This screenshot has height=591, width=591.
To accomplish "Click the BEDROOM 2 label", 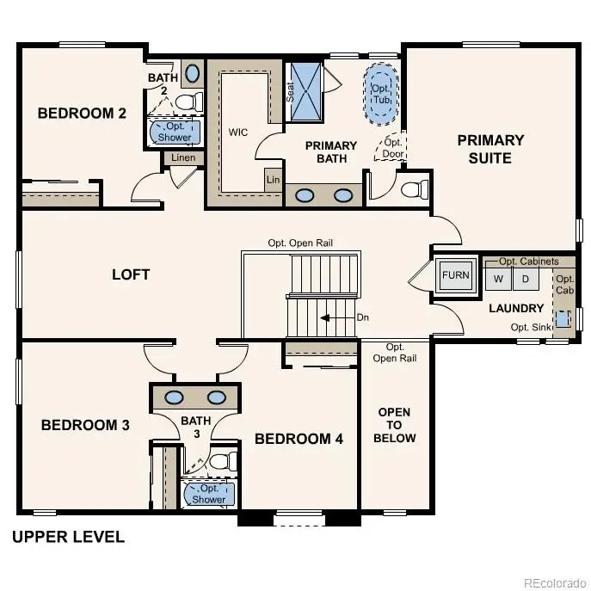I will [76, 113].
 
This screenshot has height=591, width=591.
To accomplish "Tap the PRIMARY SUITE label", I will [489, 149].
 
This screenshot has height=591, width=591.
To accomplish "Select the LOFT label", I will [131, 274].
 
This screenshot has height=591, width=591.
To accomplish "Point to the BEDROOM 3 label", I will [85, 425].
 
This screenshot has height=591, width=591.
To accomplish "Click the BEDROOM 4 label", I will [299, 439].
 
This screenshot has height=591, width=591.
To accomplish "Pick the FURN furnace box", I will [456, 277].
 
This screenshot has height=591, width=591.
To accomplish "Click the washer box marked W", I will [496, 279].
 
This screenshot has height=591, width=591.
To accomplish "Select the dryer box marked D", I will [526, 279].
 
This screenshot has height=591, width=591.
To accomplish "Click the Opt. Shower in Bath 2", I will [175, 132].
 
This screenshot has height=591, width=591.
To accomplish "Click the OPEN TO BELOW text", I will [396, 425].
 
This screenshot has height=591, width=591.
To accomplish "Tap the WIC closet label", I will [238, 133].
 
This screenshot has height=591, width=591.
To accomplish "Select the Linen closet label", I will [183, 157].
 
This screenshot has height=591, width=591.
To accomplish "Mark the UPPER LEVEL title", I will [68, 538].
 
